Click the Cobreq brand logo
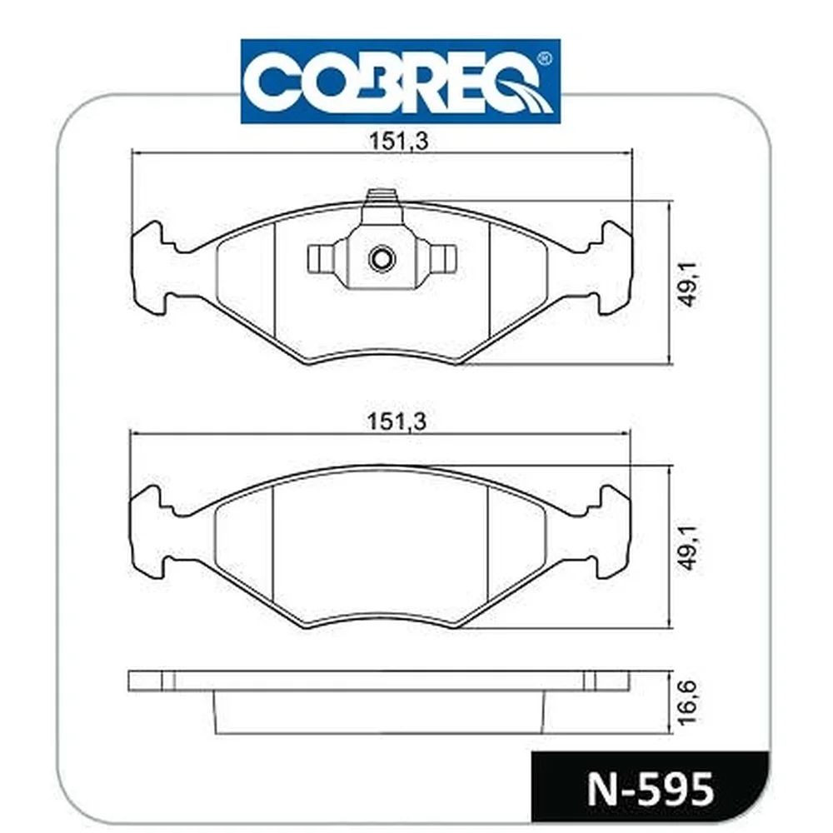coord(401,82)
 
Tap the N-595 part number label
coord(651,790)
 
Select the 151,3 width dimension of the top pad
coord(398,142)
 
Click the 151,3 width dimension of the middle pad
coord(397,421)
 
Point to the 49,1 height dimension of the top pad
coord(689,284)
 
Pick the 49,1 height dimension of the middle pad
coord(689,547)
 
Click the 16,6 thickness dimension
coord(688,701)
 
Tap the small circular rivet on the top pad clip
coord(382,259)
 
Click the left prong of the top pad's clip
coord(321,257)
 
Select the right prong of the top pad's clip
coord(443,257)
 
